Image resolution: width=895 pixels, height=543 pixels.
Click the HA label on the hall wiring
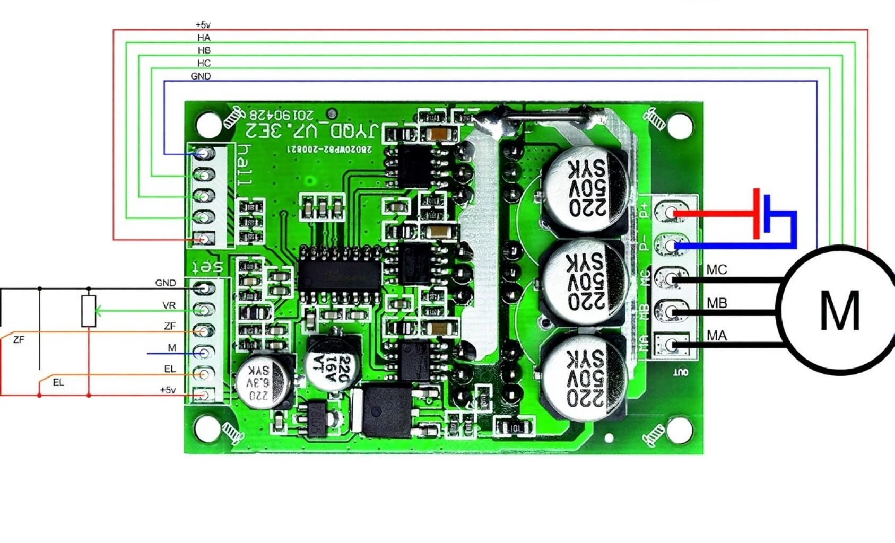point(204,38)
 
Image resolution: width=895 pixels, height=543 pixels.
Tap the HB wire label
point(204,50)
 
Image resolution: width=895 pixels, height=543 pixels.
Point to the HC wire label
point(204,63)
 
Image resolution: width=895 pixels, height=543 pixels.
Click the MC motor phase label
point(716,270)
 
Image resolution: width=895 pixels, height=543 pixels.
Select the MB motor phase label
point(717,303)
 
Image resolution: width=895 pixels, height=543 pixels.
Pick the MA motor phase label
point(717,336)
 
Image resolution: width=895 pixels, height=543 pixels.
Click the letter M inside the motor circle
point(839,310)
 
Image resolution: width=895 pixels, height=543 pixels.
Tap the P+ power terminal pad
point(672,213)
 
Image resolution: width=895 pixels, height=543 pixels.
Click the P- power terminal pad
point(672,245)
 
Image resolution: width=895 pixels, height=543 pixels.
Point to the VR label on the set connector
point(169,306)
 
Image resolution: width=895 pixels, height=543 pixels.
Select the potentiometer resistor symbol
point(89,311)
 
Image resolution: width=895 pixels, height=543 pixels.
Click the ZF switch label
point(19,339)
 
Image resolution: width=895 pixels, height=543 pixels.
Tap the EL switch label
point(58,382)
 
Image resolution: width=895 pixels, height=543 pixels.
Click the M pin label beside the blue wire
point(172,348)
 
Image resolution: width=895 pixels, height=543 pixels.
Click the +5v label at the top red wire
point(203,25)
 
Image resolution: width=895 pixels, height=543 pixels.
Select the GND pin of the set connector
point(204,288)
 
